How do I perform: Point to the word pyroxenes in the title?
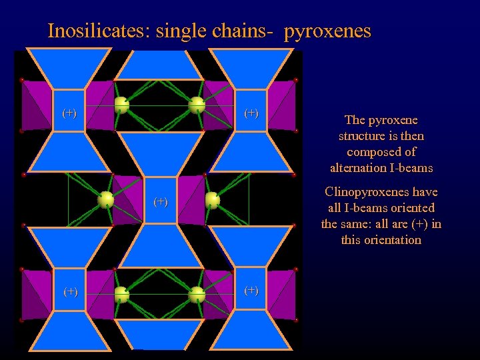pyautogui.click(x=327, y=31)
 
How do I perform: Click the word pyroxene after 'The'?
pyautogui.click(x=394, y=120)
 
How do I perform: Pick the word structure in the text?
pyautogui.click(x=363, y=136)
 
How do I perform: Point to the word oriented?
pyautogui.click(x=411, y=208)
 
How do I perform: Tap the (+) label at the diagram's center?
pyautogui.click(x=161, y=201)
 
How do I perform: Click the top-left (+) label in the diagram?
pyautogui.click(x=69, y=113)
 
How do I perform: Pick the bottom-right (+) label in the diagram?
pyautogui.click(x=251, y=290)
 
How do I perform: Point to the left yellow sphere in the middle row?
pyautogui.click(x=105, y=199)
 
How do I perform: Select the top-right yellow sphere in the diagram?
pyautogui.click(x=197, y=105)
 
